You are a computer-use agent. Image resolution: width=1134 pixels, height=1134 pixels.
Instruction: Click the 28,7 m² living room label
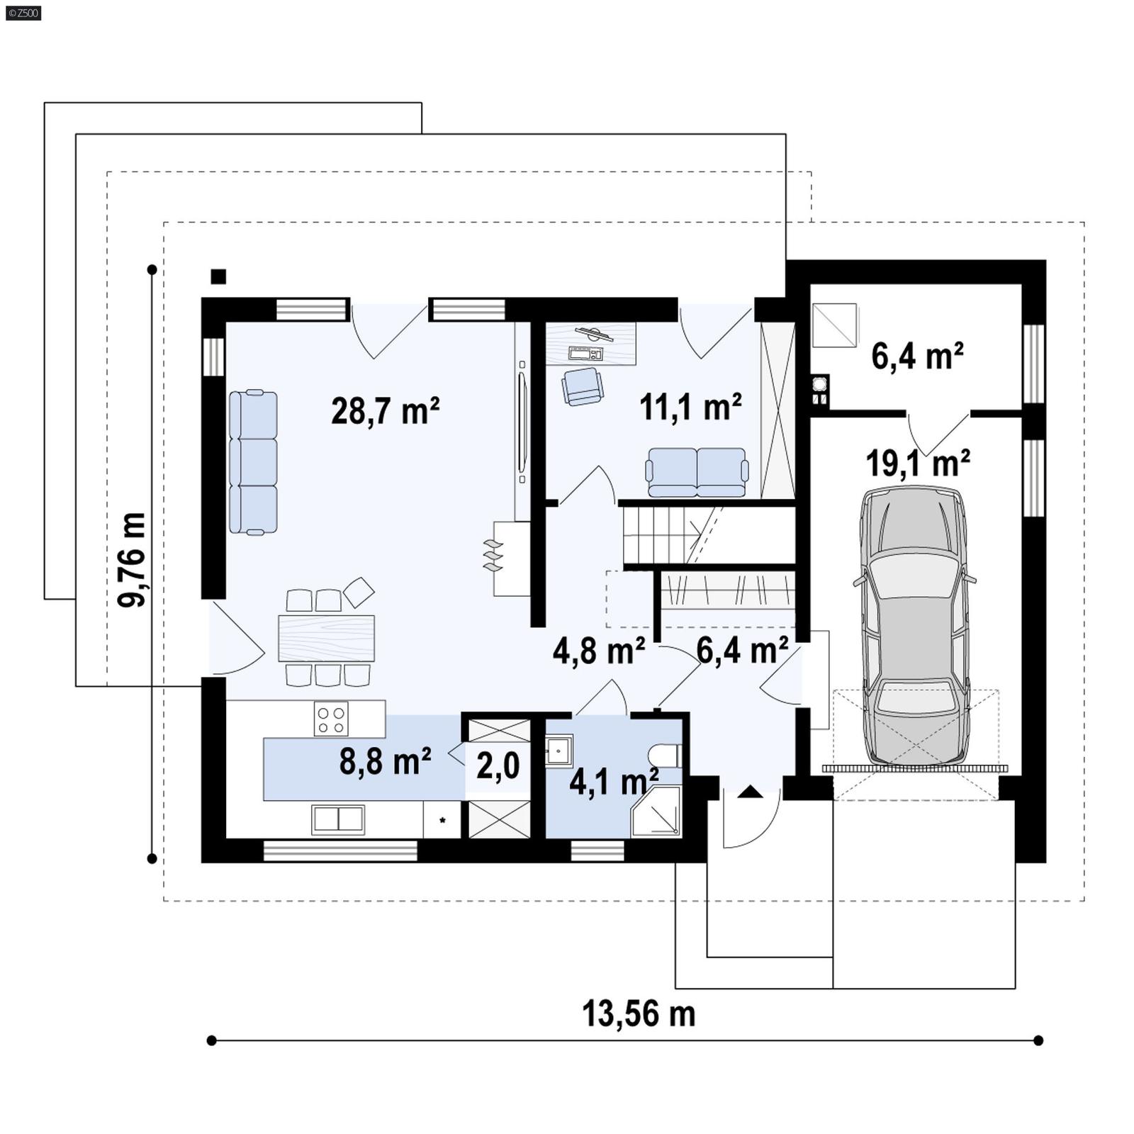pos(385,410)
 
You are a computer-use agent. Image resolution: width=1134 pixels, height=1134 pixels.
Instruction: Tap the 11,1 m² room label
pos(690,407)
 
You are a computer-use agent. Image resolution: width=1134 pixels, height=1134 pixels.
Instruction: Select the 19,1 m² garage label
pos(917,464)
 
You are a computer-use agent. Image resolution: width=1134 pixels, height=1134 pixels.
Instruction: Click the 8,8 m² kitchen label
pos(385,761)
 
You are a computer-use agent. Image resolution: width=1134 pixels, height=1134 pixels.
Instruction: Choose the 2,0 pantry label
pos(498,765)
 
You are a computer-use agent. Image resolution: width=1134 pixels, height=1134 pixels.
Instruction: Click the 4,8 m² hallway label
pos(598,651)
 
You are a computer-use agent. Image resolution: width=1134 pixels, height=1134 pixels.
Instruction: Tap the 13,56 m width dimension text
pos(638,1014)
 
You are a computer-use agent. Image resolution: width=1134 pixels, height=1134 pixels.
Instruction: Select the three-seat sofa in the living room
pos(253,461)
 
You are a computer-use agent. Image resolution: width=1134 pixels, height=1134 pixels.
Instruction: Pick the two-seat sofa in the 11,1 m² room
pos(696,472)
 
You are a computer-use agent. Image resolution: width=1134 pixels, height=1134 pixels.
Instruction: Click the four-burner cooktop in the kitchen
pos(331,719)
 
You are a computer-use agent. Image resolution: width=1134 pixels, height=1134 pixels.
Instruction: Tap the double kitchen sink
pos(338,819)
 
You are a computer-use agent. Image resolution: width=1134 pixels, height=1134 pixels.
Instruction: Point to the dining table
pos(326,638)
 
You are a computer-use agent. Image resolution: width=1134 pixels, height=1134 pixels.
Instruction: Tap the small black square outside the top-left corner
pos(218,276)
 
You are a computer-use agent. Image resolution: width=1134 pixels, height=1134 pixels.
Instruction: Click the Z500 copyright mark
pos(23,13)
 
